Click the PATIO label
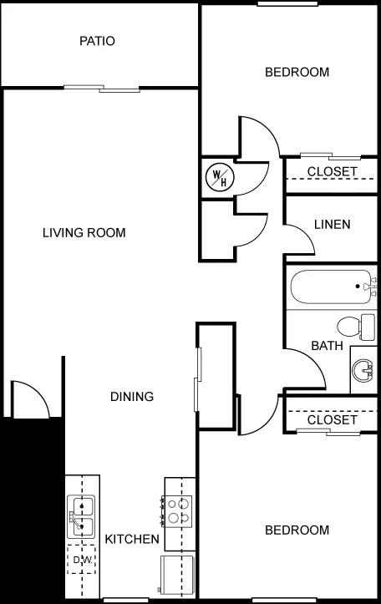tap(97, 41)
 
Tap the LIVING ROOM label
tap(84, 233)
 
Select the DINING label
tap(132, 396)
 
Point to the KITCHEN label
tap(132, 539)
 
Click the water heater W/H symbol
tap(220, 176)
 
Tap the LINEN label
tap(332, 225)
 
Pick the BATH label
tap(327, 346)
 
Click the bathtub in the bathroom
tap(332, 287)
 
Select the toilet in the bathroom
tap(356, 327)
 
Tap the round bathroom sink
tap(363, 370)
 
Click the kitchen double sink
tap(81, 516)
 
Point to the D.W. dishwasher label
tap(83, 560)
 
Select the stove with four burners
tap(177, 510)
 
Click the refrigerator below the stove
tap(177, 574)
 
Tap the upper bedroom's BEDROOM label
tap(297, 72)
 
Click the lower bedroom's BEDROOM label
tap(297, 530)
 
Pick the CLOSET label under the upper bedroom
tap(332, 172)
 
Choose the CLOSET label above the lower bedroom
tap(332, 419)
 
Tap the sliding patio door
tap(102, 89)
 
